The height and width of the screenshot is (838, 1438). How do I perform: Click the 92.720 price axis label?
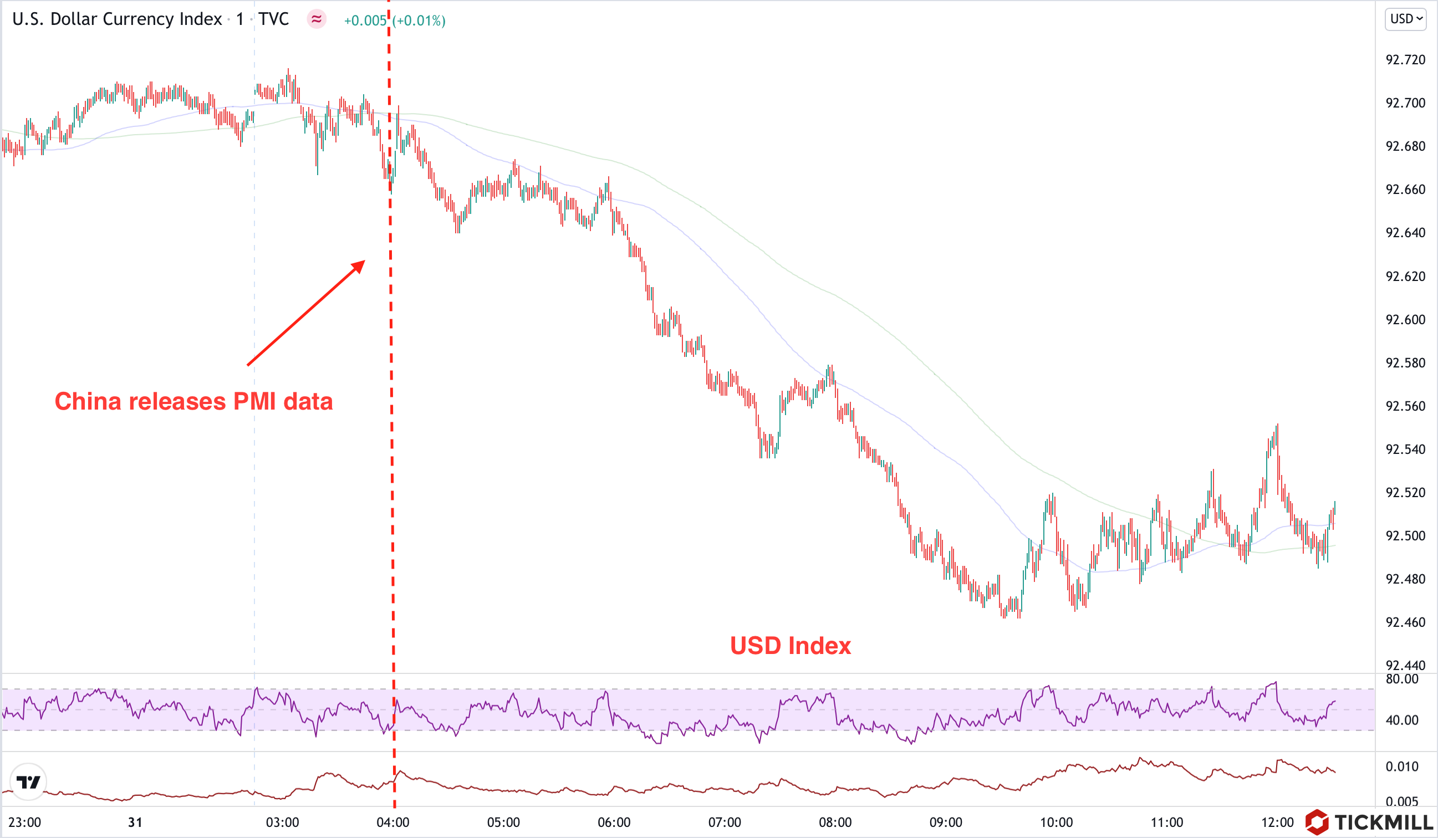(x=1405, y=60)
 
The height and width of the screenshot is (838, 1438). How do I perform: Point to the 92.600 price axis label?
(x=1405, y=319)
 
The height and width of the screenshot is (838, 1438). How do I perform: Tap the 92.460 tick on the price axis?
(x=1405, y=622)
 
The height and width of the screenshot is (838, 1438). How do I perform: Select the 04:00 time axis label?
(x=392, y=822)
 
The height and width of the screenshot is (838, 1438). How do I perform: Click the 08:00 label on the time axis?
(x=835, y=822)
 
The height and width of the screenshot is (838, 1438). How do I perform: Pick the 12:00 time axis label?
(x=1277, y=822)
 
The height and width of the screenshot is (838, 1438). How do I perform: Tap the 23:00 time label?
(x=24, y=822)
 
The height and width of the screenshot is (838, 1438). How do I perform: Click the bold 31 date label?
(x=135, y=822)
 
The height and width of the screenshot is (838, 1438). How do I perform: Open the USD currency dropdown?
(x=1405, y=19)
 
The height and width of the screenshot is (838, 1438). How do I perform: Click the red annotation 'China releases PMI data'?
(x=193, y=402)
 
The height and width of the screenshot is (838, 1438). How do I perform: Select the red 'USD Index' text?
(x=791, y=646)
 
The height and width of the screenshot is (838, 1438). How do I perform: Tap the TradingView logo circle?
(x=28, y=781)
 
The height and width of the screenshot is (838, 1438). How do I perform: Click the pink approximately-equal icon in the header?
(x=316, y=19)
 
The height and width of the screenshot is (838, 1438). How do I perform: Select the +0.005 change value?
(x=365, y=21)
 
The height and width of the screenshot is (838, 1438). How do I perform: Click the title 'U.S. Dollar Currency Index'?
(x=117, y=19)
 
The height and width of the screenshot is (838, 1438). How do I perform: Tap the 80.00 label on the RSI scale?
(x=1401, y=679)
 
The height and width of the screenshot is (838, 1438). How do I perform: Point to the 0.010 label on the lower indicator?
(x=1401, y=766)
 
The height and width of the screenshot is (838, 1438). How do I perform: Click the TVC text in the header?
(x=273, y=19)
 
